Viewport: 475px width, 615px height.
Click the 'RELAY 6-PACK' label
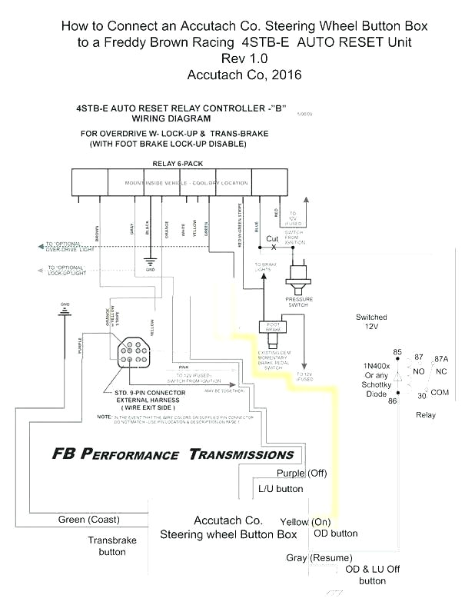[x=178, y=163]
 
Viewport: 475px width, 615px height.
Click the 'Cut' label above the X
[x=272, y=238]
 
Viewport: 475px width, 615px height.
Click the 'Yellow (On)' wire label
[x=305, y=520]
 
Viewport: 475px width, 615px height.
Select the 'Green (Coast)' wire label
[x=88, y=520]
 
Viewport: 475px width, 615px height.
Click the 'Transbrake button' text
[x=112, y=546]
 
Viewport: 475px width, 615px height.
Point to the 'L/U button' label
[x=281, y=488]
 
